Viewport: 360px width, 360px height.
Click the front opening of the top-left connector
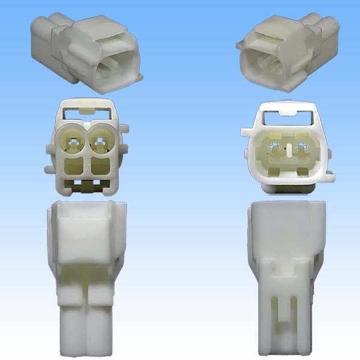tap(114, 68)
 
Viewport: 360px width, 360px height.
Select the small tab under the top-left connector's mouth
tap(139, 79)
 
